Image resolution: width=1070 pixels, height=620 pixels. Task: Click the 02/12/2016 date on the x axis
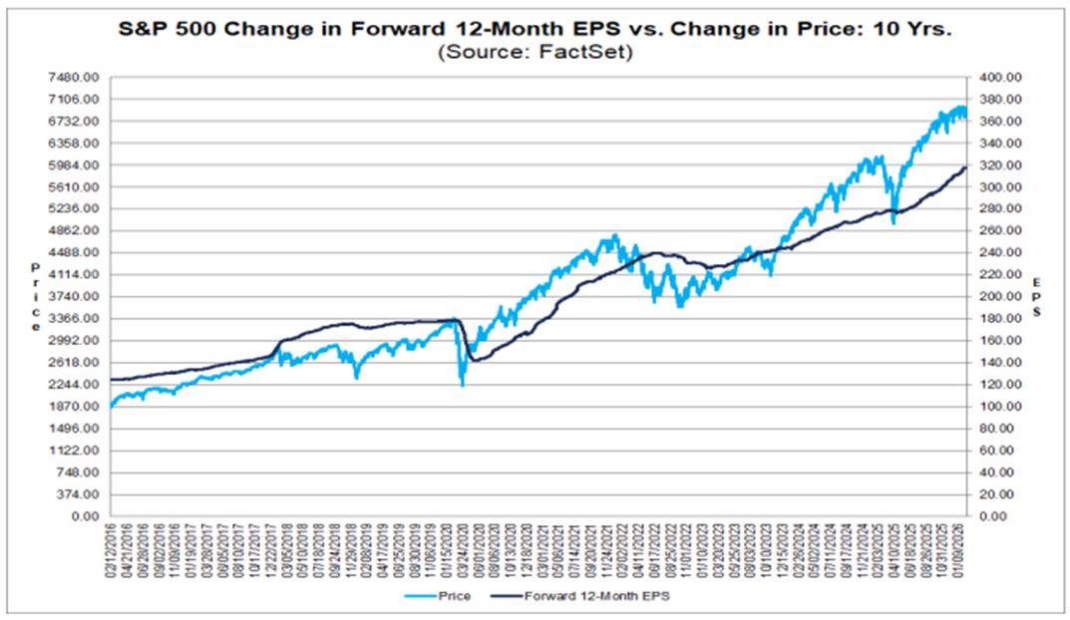[110, 549]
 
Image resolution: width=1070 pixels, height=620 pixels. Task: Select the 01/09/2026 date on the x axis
[965, 549]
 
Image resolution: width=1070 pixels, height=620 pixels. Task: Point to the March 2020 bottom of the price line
[462, 385]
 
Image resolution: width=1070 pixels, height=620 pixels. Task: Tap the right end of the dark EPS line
[965, 167]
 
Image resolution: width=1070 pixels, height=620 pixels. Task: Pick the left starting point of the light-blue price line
[110, 407]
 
